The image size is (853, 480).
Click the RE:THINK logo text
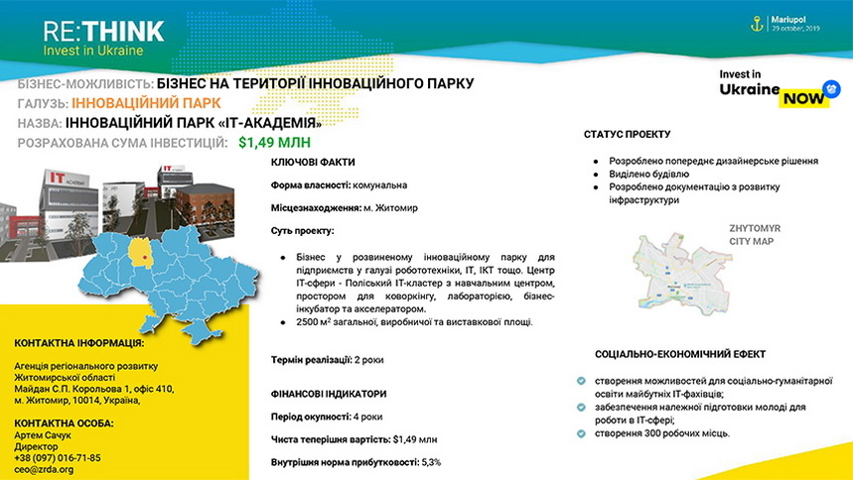click(102, 30)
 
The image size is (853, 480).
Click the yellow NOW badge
click(801, 98)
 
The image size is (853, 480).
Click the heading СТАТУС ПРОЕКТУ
click(627, 134)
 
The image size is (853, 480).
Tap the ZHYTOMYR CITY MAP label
click(755, 234)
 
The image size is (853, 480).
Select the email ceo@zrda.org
click(44, 469)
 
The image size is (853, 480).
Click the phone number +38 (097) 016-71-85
click(58, 457)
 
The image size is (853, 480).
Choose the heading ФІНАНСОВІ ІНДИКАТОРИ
click(329, 394)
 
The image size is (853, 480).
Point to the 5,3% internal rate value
click(431, 462)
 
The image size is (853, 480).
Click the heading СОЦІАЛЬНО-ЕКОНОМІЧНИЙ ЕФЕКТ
click(680, 354)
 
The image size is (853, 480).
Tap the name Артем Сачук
click(44, 434)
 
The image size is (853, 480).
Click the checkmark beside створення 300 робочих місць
click(580, 433)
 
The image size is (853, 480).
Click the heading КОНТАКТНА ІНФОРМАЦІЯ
click(78, 343)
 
